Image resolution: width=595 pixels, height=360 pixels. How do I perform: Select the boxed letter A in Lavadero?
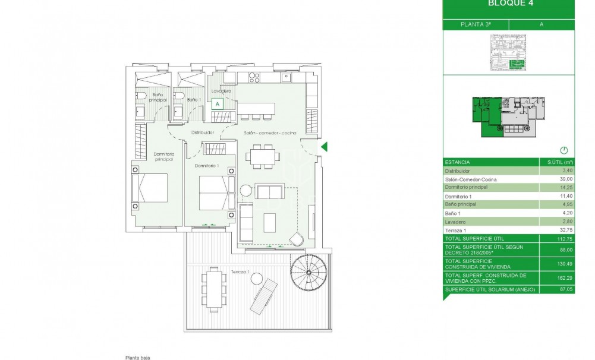point(218,103)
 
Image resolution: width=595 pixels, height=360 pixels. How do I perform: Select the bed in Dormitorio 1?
point(212,192)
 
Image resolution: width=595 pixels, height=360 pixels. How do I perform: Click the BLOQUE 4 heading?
point(509,3)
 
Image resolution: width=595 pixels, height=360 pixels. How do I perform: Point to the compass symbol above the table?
point(564,150)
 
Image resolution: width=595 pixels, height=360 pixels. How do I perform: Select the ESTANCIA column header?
point(457,162)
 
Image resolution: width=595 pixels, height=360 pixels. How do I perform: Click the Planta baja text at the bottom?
point(136,357)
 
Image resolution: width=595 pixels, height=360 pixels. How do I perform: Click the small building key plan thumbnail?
point(508,53)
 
